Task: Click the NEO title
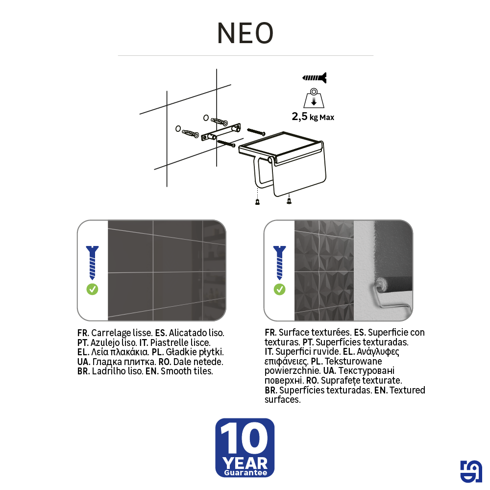(x=245, y=33)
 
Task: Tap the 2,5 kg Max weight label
(x=313, y=117)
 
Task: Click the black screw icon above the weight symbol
(x=314, y=77)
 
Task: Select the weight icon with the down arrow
(x=314, y=98)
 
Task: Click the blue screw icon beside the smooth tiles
(x=92, y=262)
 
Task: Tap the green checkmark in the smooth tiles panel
(x=92, y=289)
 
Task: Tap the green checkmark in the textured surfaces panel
(x=279, y=289)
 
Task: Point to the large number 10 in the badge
(x=245, y=439)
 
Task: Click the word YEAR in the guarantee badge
(x=245, y=463)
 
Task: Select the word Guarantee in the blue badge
(x=245, y=473)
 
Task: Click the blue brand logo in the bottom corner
(x=471, y=471)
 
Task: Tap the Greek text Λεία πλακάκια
(x=118, y=352)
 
